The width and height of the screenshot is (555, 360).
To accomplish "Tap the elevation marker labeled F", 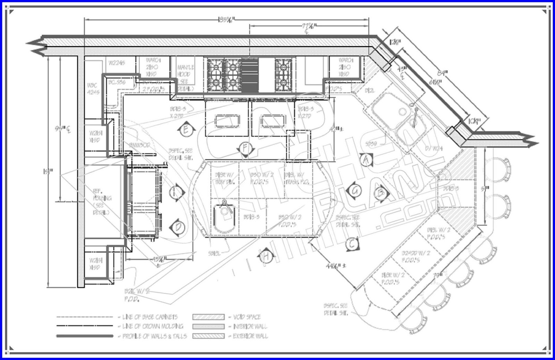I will [245, 148].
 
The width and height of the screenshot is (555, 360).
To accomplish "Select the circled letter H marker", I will [266, 256].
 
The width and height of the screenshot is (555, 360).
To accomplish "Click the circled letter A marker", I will [365, 159].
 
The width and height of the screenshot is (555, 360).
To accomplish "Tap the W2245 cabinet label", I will [117, 63].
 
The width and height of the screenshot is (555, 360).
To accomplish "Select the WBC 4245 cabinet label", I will [93, 88].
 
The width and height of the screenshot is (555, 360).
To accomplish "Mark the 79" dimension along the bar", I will [438, 276].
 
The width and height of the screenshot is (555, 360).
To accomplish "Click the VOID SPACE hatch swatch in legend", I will [208, 317].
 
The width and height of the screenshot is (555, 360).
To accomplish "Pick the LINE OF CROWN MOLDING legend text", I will [153, 326].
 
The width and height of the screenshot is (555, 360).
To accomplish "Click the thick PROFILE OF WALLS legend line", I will [85, 336].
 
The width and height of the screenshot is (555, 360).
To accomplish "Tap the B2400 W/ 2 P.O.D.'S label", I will [415, 256].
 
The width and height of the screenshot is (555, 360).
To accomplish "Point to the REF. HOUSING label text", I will [102, 202].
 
